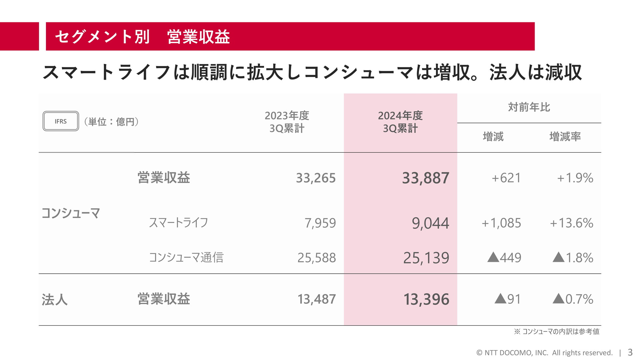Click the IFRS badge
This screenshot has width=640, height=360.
(61, 121)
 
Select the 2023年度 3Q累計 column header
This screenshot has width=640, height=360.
(287, 122)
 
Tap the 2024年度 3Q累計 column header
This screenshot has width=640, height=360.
(400, 122)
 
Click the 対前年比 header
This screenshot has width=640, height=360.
(529, 107)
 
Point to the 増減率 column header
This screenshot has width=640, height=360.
(565, 137)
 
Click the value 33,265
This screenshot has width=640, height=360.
(316, 178)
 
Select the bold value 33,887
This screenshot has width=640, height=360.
(426, 178)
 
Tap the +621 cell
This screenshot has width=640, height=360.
(506, 178)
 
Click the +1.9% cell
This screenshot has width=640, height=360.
(575, 178)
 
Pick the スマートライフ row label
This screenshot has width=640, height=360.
(178, 222)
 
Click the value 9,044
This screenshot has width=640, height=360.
(431, 223)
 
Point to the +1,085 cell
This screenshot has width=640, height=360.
(501, 223)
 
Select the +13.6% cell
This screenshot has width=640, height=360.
(572, 223)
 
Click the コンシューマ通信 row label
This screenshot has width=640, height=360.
(186, 257)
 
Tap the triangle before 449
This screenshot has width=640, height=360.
(493, 257)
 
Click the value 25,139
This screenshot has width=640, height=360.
(426, 258)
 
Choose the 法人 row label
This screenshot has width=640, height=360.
(55, 299)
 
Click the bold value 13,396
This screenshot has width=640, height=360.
(426, 299)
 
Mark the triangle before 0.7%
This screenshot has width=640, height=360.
(559, 298)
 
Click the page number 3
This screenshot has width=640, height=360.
(630, 352)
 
